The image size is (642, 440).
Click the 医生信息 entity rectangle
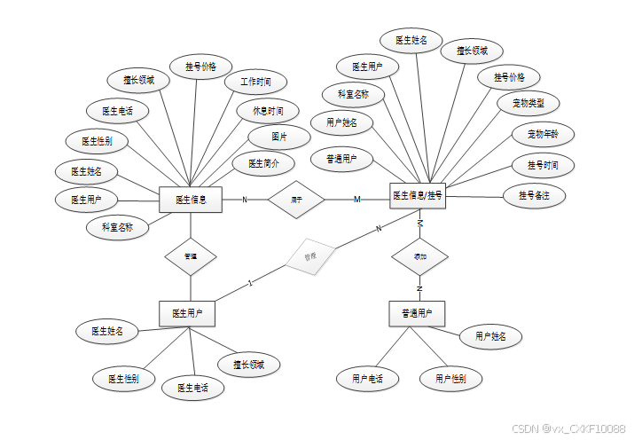click(x=191, y=200)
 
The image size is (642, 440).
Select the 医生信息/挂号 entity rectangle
click(x=418, y=195)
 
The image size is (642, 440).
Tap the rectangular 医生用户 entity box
click(x=187, y=313)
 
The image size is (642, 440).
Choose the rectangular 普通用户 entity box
click(x=417, y=313)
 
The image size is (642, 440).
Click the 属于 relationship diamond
click(x=296, y=200)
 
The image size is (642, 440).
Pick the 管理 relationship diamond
click(x=191, y=256)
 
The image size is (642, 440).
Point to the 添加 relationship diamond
click(x=420, y=255)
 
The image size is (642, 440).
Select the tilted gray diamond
click(x=309, y=256)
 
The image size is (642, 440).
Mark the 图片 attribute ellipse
click(x=279, y=137)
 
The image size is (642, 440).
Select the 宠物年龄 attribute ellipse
click(x=543, y=135)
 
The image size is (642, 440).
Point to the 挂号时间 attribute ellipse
click(x=543, y=166)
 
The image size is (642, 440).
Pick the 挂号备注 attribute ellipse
click(x=534, y=194)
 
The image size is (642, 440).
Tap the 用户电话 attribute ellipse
click(x=367, y=379)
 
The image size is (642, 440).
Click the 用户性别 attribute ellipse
click(x=450, y=379)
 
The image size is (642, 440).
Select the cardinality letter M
click(x=357, y=200)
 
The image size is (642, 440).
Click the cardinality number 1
click(x=251, y=284)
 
